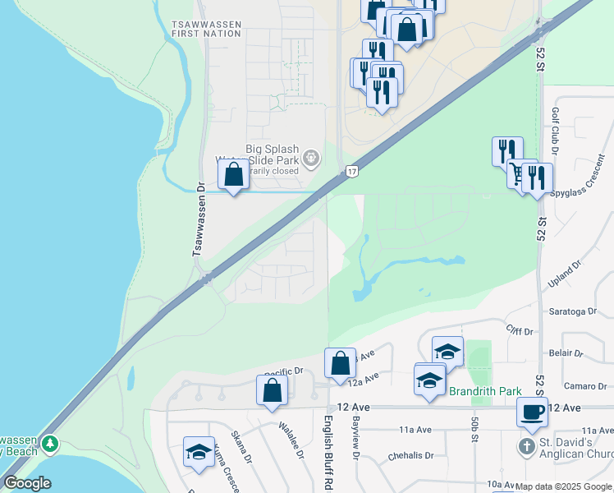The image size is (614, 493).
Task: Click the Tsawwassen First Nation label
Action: pos(207,30)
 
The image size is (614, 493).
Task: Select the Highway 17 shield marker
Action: pos(351,171)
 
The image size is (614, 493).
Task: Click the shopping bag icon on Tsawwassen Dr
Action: pos(234,174)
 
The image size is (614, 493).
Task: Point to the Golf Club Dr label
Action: pos(555,131)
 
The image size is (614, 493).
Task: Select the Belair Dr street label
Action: pos(566,353)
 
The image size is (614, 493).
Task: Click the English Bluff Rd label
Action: pos(328,450)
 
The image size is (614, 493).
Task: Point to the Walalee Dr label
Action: pos(292,442)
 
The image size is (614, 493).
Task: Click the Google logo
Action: pos(27,483)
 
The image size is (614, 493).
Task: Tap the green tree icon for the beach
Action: pos(51,444)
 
